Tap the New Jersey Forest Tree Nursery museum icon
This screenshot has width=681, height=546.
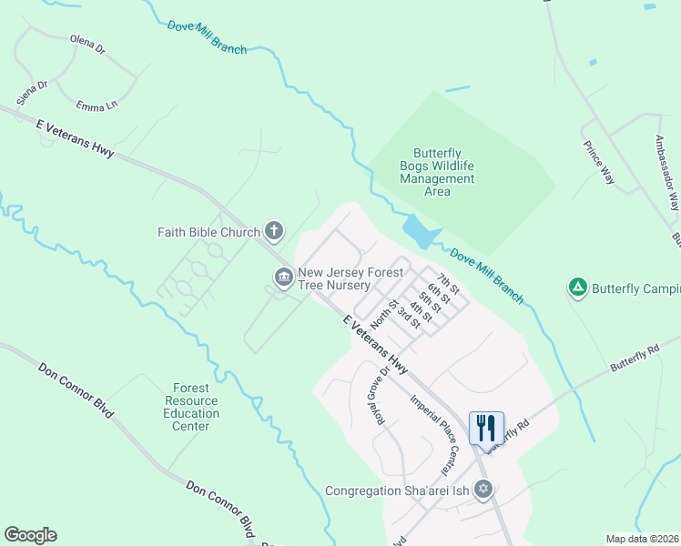pos(283,276)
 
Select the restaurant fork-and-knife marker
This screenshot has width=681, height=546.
pos(485,427)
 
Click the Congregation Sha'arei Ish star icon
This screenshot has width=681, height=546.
pos(484,490)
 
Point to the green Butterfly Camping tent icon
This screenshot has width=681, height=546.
pos(576,288)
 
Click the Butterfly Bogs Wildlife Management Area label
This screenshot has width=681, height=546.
pos(437,172)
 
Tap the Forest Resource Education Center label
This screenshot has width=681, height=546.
pos(192,407)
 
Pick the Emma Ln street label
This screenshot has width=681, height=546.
pos(97,106)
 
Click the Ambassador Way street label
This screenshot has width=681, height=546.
pos(667,173)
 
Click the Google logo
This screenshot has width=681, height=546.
pos(30,535)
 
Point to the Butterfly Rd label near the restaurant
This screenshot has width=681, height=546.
pos(507,437)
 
